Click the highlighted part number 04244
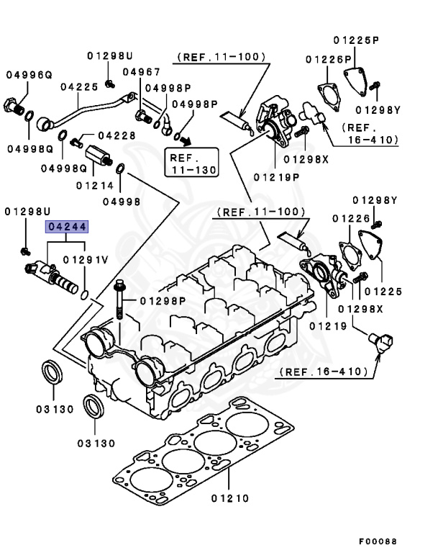tap(67, 227)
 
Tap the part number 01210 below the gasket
tap(229, 498)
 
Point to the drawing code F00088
tap(378, 541)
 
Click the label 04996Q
tap(29, 74)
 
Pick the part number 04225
tap(79, 86)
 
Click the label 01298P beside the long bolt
tap(163, 300)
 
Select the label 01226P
tap(327, 59)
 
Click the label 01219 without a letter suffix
tap(329, 326)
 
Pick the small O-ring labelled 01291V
tap(85, 294)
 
